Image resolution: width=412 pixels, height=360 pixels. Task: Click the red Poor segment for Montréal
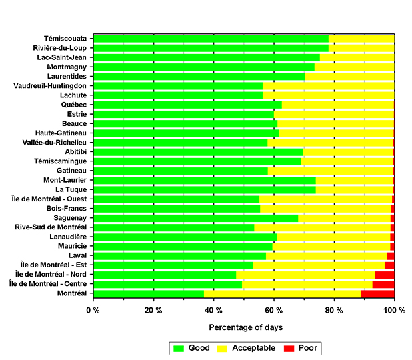click(x=377, y=294)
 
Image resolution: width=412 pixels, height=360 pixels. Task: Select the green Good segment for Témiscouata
click(x=211, y=39)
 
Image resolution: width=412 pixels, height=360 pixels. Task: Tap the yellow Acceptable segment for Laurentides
click(x=349, y=77)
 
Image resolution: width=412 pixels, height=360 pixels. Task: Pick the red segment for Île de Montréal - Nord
click(x=385, y=275)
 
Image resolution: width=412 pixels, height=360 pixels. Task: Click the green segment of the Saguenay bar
click(x=196, y=218)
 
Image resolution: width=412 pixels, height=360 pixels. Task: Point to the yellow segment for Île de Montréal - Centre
click(x=307, y=284)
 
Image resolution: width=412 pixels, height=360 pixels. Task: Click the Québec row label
click(x=74, y=105)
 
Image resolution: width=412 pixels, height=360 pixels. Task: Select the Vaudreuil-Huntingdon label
click(x=50, y=86)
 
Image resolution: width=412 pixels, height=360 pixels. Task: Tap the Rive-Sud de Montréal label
click(x=51, y=227)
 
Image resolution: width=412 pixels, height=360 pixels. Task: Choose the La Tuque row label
click(x=71, y=189)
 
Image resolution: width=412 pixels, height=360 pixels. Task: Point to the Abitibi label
click(x=76, y=151)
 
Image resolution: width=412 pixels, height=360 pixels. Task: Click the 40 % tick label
click(x=213, y=311)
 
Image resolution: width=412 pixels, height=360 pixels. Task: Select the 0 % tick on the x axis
click(x=93, y=311)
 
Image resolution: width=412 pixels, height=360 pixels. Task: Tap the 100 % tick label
click(x=394, y=311)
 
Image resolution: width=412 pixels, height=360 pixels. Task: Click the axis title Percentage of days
click(x=246, y=327)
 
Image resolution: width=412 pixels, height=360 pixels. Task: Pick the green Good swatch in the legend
click(x=179, y=349)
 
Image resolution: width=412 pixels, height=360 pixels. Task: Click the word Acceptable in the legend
click(x=253, y=348)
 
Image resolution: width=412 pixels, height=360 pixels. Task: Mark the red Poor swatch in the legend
click(x=289, y=349)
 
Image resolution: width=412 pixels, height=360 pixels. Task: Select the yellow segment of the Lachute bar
click(x=329, y=95)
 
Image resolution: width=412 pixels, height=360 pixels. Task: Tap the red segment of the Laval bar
click(x=391, y=256)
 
